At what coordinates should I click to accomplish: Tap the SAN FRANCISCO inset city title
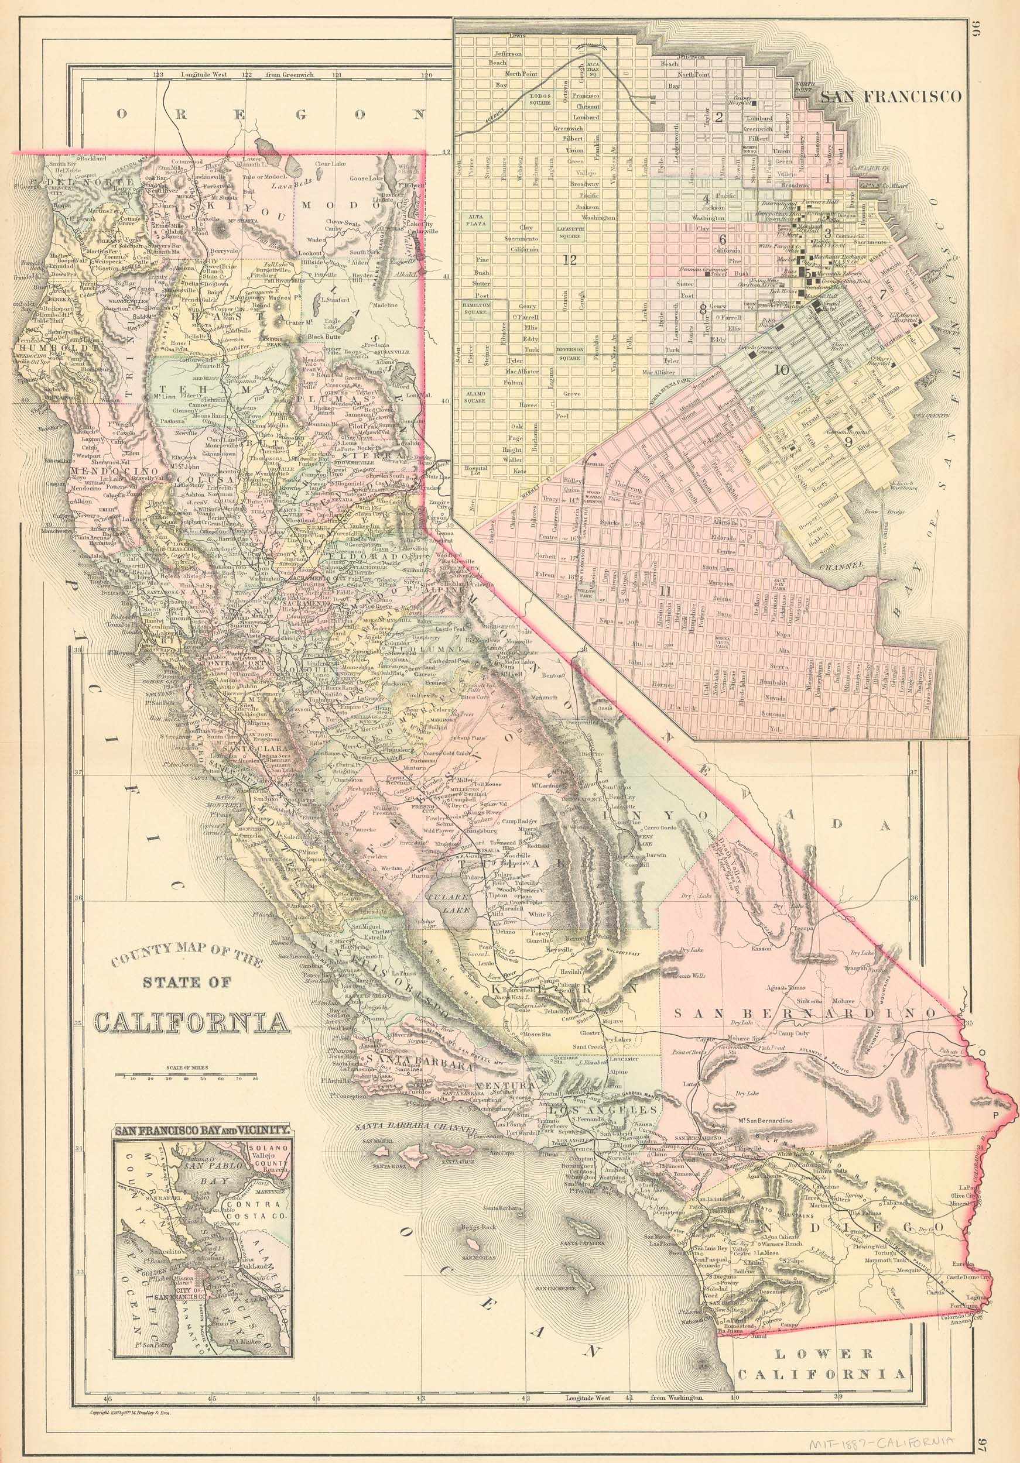(x=891, y=97)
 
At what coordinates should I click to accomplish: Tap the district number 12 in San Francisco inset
(x=569, y=260)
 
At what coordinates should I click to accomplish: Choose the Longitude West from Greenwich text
(x=255, y=74)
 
